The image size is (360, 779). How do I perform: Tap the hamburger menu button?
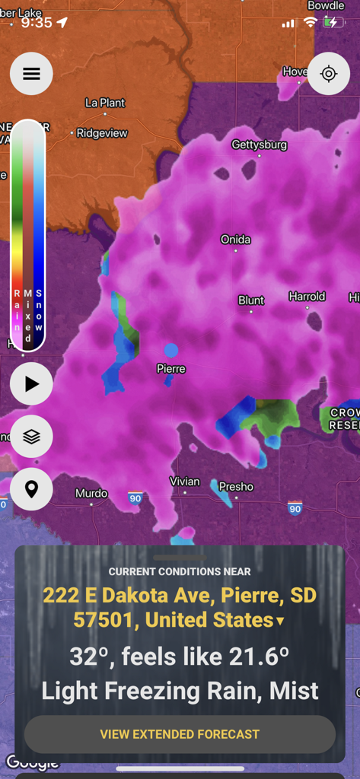pos(31,74)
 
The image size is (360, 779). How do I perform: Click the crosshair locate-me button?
pos(329,74)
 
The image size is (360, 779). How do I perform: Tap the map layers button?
pos(31,437)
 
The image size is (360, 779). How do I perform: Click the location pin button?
pos(31,488)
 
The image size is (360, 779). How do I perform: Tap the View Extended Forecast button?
pos(180,734)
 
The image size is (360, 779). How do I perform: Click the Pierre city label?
pos(170,369)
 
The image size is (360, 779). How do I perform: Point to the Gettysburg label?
pos(259,145)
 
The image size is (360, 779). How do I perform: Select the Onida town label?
pos(235,240)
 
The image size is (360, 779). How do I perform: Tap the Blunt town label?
pos(251,300)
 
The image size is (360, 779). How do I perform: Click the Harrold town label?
pos(307,297)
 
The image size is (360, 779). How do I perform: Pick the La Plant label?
pos(105,103)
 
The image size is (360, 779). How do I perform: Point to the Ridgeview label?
pos(102,133)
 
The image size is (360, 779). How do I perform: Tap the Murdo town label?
pos(91,494)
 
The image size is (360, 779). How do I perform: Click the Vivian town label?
pos(184,482)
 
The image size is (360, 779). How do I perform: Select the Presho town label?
pos(236,487)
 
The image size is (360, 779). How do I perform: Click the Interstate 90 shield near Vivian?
pos(135,498)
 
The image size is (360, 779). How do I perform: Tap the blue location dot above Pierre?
pos(171,351)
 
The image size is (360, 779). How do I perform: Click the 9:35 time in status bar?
pos(37,22)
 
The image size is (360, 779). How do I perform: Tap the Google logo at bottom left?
pos(32,762)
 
